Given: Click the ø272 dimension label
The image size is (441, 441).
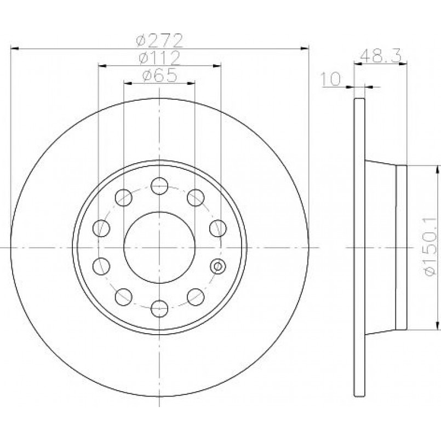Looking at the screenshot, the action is [159, 41].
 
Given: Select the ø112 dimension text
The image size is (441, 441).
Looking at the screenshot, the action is [159, 58].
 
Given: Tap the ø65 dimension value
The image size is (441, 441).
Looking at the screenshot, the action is [159, 75].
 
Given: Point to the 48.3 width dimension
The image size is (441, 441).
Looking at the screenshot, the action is [380, 56].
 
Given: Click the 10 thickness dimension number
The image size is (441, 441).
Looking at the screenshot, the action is [330, 79].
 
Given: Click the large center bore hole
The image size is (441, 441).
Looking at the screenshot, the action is [159, 248].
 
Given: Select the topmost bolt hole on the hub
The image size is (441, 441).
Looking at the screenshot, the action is [159, 186].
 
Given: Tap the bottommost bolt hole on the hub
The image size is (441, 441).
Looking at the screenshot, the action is [159, 308].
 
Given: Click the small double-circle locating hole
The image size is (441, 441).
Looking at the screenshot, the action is [218, 266].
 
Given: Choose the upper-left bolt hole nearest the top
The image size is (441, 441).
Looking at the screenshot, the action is [123, 198].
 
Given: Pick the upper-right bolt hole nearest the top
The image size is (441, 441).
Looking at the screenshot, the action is [196, 198].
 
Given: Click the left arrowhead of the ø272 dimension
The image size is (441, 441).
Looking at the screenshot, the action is [15, 49].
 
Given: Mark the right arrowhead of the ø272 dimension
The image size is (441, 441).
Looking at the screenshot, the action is [305, 49].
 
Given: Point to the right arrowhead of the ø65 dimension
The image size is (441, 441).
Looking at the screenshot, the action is [191, 83].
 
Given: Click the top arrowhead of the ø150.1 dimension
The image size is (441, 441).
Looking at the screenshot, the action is [437, 170].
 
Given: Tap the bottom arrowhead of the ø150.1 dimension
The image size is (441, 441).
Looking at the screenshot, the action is [437, 325].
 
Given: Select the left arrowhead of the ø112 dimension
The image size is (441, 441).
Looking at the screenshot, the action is [102, 66].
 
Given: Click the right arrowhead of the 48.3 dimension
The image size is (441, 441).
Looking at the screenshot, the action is [403, 65].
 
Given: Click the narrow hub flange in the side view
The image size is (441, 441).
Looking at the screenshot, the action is [402, 248].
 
